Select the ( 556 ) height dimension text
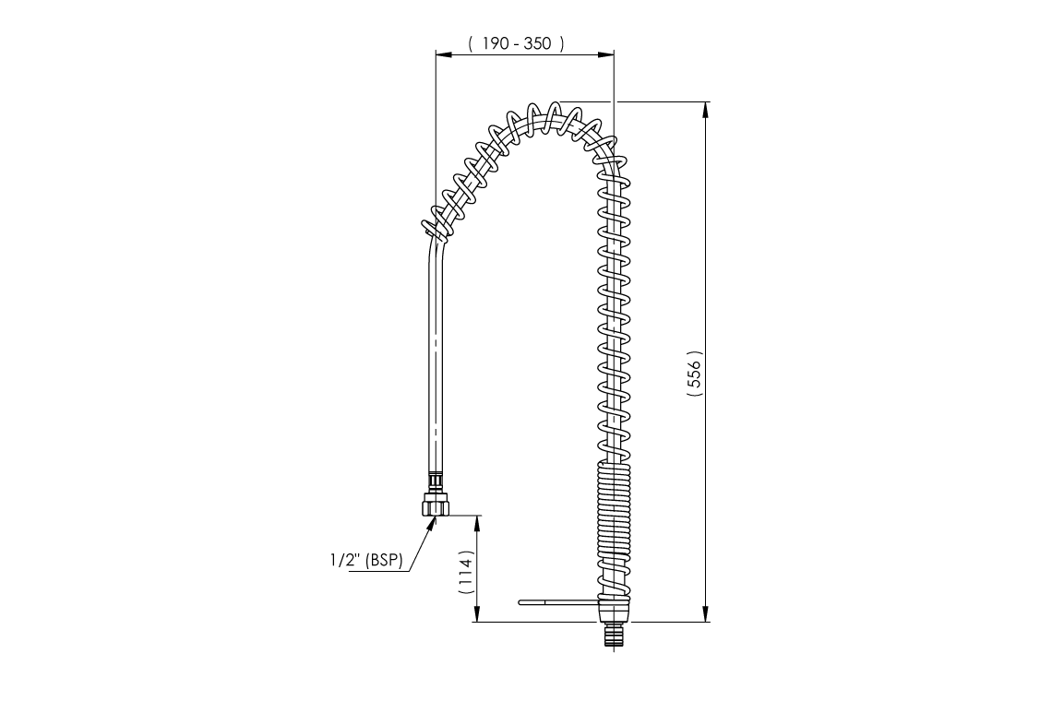(695, 374)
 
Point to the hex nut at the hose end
(436, 505)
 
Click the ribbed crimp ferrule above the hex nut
(436, 481)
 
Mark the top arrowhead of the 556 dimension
(706, 109)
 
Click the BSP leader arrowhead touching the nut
(431, 523)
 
